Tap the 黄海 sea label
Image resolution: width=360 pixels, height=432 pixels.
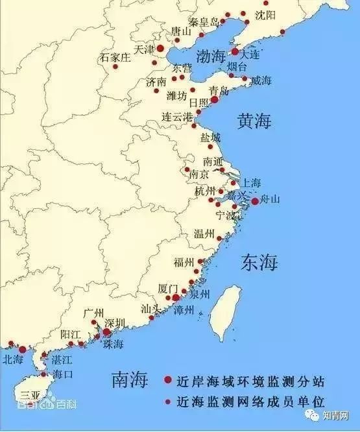click(x=254, y=121)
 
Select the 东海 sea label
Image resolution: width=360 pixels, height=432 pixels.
click(x=259, y=263)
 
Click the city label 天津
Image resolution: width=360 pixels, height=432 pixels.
click(x=144, y=49)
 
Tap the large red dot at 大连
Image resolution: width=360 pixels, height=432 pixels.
click(x=235, y=51)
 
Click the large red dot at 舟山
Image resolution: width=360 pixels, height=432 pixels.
click(x=255, y=201)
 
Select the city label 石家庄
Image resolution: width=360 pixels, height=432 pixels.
click(x=115, y=58)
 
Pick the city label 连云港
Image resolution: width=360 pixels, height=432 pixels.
click(x=178, y=117)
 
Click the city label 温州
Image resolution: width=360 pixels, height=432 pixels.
click(x=205, y=234)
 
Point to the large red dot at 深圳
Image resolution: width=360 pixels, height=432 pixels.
click(x=106, y=331)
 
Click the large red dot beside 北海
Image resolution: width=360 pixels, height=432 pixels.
click(x=23, y=350)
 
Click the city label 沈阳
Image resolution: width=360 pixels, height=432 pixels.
click(x=265, y=14)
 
